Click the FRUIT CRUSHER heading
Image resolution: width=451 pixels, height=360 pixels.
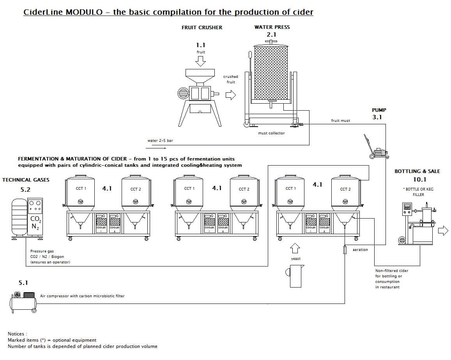202,27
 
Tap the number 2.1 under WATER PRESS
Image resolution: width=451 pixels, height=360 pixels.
272,35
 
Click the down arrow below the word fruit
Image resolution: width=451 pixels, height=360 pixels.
201,61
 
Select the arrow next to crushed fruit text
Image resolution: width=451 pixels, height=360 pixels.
231,95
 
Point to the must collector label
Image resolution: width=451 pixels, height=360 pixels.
271,133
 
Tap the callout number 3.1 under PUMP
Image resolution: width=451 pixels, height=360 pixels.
377,117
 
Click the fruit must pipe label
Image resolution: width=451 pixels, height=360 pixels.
340,121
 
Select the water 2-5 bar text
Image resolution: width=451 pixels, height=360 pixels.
160,141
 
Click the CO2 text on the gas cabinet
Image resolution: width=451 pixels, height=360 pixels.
35,219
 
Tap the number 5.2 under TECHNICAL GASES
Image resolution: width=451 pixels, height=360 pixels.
25,190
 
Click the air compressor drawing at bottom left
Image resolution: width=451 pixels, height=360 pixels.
23,302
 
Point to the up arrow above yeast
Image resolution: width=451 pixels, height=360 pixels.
295,247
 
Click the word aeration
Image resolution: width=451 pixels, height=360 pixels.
360,250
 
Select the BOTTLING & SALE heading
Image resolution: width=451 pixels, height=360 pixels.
417,171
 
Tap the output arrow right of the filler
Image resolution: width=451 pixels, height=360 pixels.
443,231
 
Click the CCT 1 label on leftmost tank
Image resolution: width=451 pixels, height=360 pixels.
81,189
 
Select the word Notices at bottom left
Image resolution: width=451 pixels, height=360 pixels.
18,334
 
